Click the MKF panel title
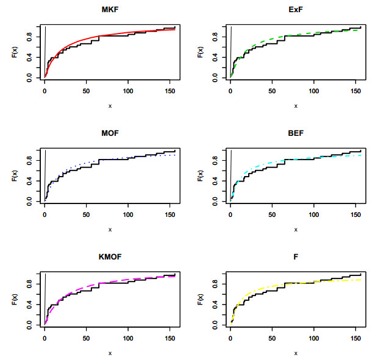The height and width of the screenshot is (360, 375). pos(110,10)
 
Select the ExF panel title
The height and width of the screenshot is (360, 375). pos(296,10)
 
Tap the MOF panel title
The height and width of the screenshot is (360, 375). pos(110,133)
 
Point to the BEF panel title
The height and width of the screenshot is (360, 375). pos(296,133)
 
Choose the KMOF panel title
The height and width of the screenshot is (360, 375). pos(110,257)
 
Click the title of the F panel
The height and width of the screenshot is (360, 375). pos(296,257)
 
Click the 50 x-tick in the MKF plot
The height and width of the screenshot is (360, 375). pos(87,91)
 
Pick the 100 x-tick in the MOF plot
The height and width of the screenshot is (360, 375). pos(128,214)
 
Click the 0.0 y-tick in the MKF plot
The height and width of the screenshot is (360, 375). pos(29,78)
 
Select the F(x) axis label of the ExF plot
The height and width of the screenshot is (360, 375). pos(201,53)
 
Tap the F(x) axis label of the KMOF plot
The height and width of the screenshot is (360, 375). pos(15,300)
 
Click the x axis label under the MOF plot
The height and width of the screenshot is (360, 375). pos(110,229)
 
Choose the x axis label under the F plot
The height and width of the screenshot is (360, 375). pos(296,353)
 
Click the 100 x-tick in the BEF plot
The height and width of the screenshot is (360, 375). pos(314,214)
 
